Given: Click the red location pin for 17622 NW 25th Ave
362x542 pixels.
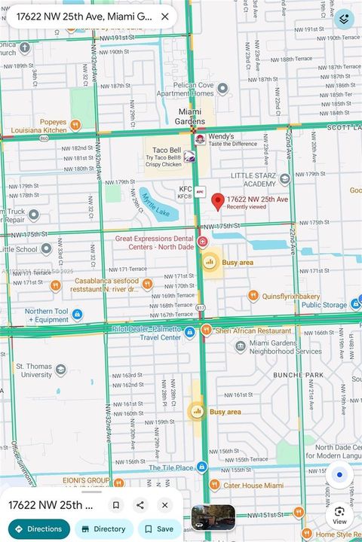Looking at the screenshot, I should [x=217, y=201].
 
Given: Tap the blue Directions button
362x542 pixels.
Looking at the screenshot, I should [x=35, y=528].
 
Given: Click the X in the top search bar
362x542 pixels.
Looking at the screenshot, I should [x=164, y=16].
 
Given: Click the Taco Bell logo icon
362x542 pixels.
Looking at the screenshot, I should [x=189, y=157].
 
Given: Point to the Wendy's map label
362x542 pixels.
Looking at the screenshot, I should [x=221, y=136].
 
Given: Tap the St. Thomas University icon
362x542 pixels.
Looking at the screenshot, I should [x=61, y=370].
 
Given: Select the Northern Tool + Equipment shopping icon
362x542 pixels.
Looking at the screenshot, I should [x=77, y=315].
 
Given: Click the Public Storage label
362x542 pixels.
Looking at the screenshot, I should [x=324, y=305].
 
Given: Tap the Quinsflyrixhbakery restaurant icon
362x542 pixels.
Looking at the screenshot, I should [x=253, y=296].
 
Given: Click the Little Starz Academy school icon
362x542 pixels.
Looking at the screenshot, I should [x=284, y=179].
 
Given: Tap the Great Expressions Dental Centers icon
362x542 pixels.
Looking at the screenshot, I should [x=203, y=241].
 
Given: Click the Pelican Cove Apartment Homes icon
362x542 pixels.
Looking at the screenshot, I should [x=222, y=89].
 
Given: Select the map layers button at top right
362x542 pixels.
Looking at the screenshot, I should [x=344, y=19].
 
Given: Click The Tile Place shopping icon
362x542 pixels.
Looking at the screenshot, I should [x=201, y=467].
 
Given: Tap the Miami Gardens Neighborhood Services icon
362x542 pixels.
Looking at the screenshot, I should [x=241, y=346].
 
